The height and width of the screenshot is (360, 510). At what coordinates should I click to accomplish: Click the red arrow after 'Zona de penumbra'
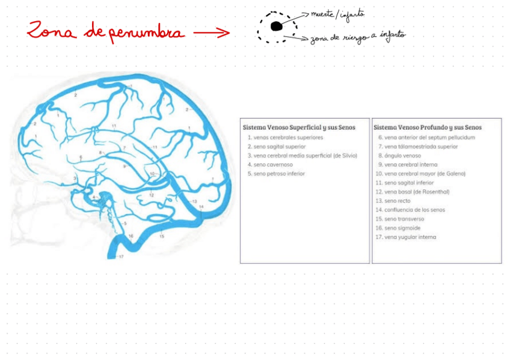[x=212, y=32]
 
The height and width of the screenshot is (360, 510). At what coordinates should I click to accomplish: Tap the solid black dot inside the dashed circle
[x=276, y=26]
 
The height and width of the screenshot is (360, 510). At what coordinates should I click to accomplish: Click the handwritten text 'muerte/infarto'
[x=337, y=15]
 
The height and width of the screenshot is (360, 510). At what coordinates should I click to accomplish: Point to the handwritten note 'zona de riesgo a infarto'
[x=358, y=38]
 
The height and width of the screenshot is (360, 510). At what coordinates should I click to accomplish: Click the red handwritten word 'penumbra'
[x=146, y=32]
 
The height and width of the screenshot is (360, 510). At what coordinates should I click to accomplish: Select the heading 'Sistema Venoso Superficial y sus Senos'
[x=299, y=127]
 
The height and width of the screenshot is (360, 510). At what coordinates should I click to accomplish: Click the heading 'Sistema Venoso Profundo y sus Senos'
[x=427, y=127]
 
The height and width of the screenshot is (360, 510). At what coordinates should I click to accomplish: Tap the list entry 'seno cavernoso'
[x=273, y=164]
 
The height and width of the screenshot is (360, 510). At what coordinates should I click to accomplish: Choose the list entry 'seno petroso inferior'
[x=279, y=174]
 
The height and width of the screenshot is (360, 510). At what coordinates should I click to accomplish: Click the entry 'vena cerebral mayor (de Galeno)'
[x=424, y=174]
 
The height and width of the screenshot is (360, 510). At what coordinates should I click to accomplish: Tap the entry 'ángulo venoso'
[x=402, y=155]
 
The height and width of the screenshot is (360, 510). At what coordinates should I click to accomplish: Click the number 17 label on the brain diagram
[x=121, y=257]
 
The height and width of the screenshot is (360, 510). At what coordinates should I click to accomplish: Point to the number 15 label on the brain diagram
[x=161, y=237]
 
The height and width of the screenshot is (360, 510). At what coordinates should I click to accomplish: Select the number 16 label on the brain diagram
[x=131, y=236]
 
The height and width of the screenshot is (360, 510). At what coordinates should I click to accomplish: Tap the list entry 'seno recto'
[x=398, y=201]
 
